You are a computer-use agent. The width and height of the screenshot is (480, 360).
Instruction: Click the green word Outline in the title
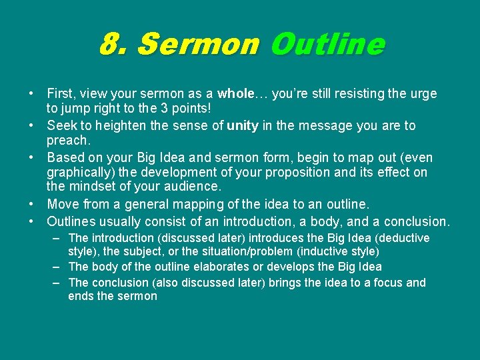tap(327, 45)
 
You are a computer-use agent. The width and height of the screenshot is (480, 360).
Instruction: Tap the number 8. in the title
tap(114, 45)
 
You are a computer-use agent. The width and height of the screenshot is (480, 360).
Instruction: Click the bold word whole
tap(235, 94)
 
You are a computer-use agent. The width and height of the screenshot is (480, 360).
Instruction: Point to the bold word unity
tap(243, 126)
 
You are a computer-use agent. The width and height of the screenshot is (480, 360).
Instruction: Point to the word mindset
tap(96, 187)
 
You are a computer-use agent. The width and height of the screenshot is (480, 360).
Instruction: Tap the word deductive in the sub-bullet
tap(405, 239)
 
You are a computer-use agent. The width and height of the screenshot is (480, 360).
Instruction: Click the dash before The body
tap(59, 267)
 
